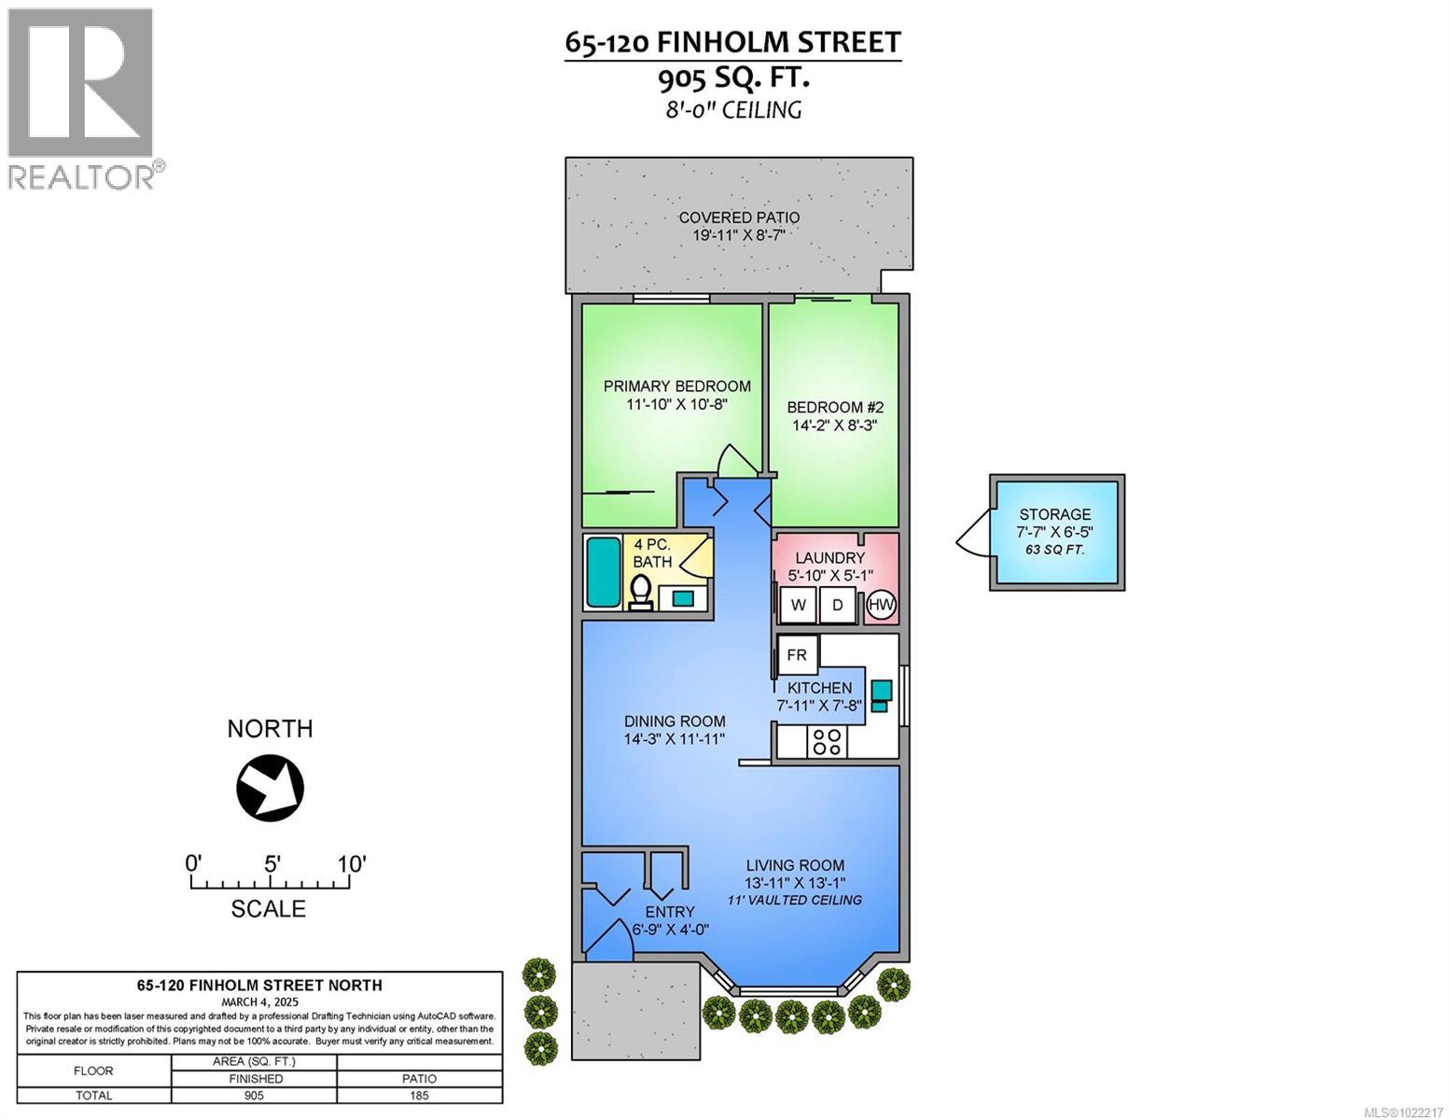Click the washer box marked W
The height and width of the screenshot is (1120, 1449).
coord(798,605)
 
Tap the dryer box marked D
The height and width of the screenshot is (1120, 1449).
coord(838,605)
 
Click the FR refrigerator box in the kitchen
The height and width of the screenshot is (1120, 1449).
coord(797,655)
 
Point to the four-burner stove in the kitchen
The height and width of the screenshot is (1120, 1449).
coord(826,742)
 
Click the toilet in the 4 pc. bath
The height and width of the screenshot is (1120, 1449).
coord(641,593)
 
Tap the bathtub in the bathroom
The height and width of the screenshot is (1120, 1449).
coord(603,573)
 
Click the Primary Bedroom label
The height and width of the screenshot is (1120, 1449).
coord(676,386)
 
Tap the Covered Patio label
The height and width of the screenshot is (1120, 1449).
coord(739,217)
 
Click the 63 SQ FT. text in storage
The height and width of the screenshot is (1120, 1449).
coord(1055,549)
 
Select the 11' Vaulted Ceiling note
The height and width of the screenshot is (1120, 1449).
coord(794,901)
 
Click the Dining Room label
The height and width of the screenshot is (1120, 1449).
coord(675,721)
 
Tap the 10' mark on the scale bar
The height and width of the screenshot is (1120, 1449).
coord(351,863)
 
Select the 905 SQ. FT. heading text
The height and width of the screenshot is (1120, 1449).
coord(732,78)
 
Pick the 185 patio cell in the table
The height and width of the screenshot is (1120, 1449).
coord(420,1095)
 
